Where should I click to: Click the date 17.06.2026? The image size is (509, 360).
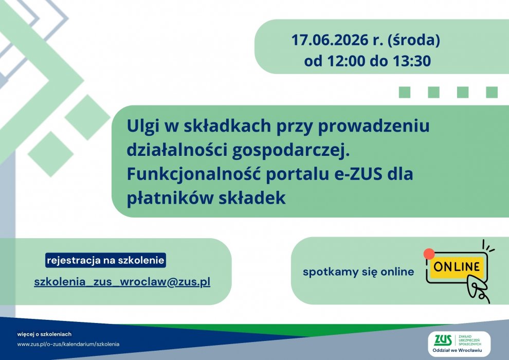click(x=330, y=40)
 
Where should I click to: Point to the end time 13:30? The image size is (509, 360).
click(x=412, y=61)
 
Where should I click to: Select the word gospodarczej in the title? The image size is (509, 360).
click(x=290, y=150)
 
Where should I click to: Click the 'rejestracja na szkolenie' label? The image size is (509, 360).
click(x=105, y=260)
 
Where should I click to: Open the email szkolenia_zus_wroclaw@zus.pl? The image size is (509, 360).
click(x=122, y=281)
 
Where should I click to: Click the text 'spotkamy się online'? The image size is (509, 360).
click(x=358, y=272)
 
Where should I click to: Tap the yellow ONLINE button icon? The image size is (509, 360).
click(x=457, y=267)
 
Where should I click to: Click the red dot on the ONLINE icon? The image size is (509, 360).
click(x=429, y=254)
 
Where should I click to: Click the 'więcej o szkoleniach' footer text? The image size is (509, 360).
click(x=44, y=334)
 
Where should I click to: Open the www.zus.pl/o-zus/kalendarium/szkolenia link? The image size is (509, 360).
click(x=68, y=344)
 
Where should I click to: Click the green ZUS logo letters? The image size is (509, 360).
click(x=443, y=340)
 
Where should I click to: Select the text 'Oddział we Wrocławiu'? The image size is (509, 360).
click(x=457, y=351)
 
